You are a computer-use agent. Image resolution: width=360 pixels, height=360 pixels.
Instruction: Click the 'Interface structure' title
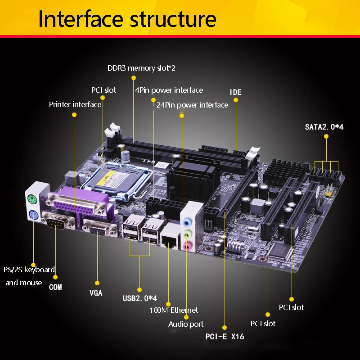click(x=127, y=19)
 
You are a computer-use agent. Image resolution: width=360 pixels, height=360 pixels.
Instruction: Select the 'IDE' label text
click(x=236, y=92)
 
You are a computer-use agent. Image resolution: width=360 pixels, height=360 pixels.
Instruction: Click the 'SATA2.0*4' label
click(x=324, y=127)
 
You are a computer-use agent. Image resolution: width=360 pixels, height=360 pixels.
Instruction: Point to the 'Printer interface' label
click(x=75, y=104)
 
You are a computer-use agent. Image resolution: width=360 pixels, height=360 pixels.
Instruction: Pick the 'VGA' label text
click(x=96, y=293)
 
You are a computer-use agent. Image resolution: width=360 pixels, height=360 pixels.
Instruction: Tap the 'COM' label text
click(x=55, y=287)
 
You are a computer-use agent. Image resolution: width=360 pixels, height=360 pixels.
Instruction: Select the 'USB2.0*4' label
click(x=140, y=298)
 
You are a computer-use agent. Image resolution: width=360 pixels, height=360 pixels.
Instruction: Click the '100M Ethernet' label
click(x=174, y=310)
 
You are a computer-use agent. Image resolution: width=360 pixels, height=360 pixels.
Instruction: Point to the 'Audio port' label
click(x=186, y=324)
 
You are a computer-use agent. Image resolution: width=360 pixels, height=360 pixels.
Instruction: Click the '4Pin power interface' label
click(x=169, y=90)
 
